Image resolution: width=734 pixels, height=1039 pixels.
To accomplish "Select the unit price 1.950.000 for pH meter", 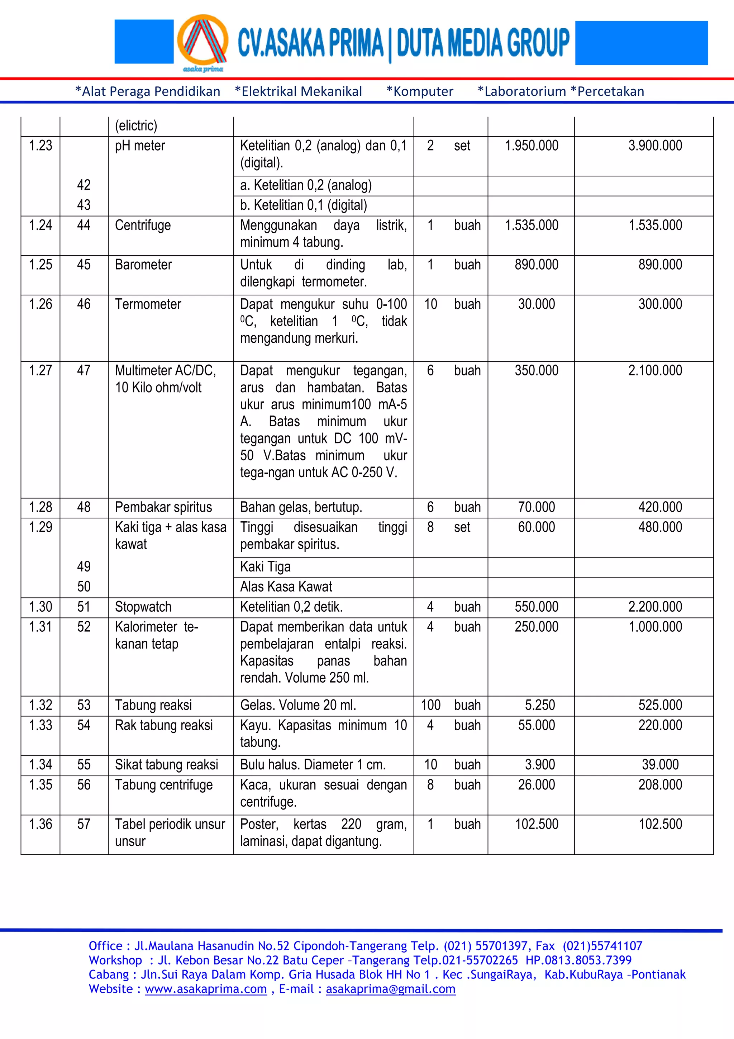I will coord(532,146).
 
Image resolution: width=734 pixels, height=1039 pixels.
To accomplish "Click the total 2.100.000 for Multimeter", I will coord(654,371).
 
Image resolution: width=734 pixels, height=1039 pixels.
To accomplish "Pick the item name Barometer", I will coord(143,265).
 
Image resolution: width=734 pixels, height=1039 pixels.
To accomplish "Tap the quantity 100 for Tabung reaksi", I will coord(430,705).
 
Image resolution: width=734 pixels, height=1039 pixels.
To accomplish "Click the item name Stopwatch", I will coord(143,607).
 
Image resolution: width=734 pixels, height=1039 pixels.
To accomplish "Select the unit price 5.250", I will coord(539,705).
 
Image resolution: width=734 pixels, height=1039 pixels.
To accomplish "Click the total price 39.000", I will coord(660,765).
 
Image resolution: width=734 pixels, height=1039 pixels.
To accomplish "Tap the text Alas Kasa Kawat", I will coord(286,587).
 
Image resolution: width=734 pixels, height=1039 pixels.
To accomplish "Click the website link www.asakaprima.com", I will coord(206,989).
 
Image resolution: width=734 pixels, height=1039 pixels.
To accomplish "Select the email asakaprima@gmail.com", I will coord(390,989).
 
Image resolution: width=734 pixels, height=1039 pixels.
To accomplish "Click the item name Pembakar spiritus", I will coord(163,507).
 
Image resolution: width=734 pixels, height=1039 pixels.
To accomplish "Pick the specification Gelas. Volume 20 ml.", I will coord(298,705).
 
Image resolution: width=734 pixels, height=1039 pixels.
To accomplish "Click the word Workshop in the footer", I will coord(115,960).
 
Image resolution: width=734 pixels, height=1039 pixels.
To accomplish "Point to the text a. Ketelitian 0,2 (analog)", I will coord(306,186).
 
